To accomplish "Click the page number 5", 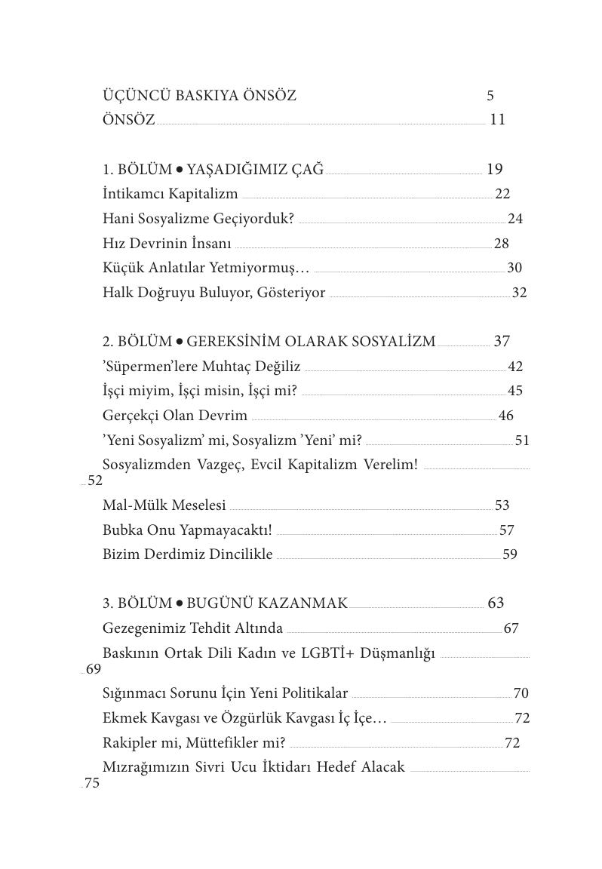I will tap(490, 96).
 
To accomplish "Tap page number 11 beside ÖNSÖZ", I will tap(497, 119).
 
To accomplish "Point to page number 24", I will tap(515, 219).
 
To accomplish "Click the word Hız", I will tap(113, 244).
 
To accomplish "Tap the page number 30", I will tap(514, 268).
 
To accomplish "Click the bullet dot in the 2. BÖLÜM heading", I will tap(180, 342).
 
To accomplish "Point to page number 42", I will tap(515, 367).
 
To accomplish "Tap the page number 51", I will tap(522, 441).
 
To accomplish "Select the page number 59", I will tap(510, 554).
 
